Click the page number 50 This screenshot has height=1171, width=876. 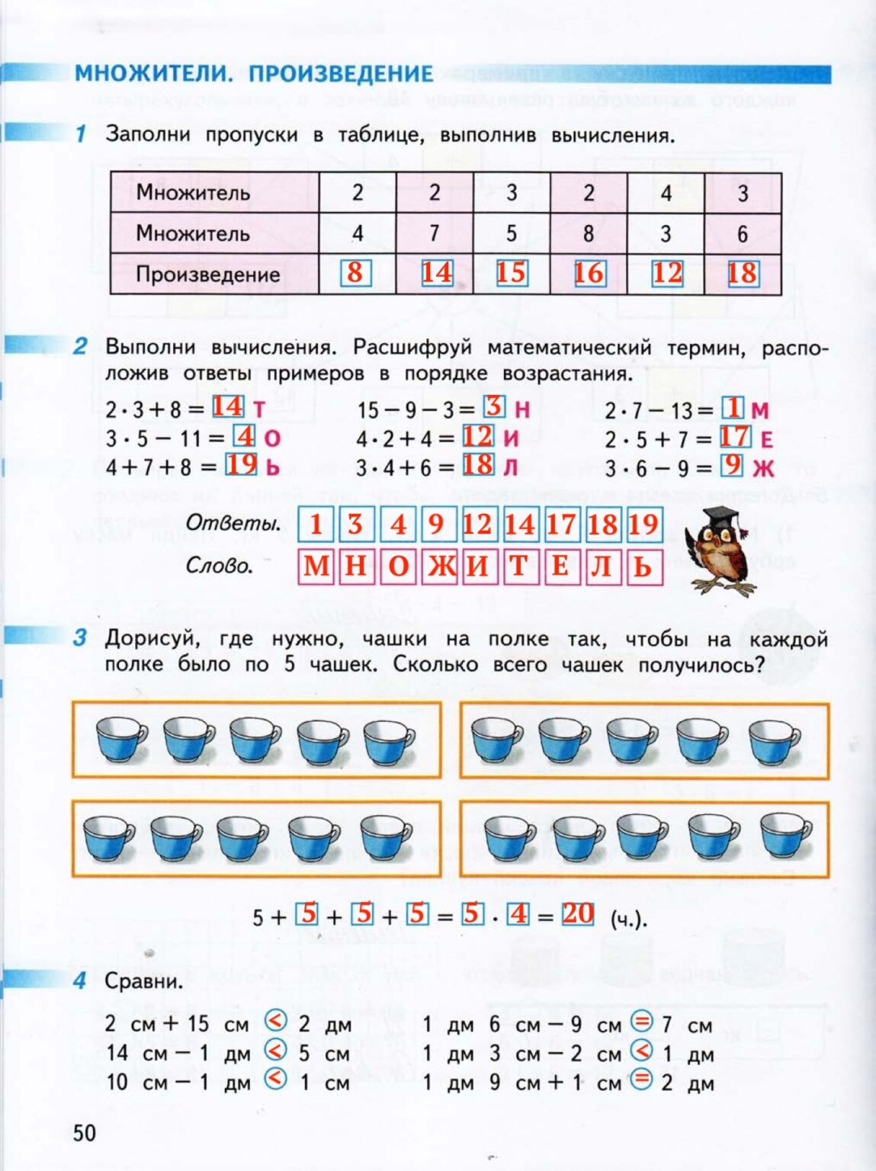(85, 1133)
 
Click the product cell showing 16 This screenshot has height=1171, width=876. (589, 273)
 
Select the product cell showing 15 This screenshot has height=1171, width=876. (511, 273)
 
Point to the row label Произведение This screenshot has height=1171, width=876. (207, 274)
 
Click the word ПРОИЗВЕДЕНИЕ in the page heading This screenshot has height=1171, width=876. (341, 74)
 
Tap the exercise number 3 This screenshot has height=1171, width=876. (80, 638)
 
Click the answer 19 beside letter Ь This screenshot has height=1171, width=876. (242, 464)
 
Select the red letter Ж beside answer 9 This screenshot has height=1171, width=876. (763, 467)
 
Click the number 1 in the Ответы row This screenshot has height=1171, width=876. (316, 525)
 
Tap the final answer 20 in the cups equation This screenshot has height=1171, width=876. (578, 913)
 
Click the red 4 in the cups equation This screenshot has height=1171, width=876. (519, 913)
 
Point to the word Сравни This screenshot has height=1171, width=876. (144, 981)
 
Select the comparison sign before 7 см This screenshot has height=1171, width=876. (643, 1022)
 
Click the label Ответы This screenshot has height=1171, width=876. (233, 524)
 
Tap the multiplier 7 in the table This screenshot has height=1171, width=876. (435, 233)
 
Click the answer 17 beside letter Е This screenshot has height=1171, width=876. (734, 437)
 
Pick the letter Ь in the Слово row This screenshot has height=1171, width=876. (643, 566)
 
